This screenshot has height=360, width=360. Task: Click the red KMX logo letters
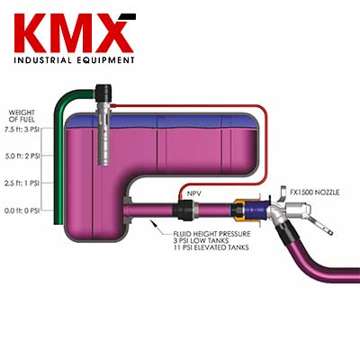(74, 33)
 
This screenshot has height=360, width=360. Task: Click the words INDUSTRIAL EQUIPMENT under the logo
(74, 60)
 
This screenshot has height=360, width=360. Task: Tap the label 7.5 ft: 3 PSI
(22, 130)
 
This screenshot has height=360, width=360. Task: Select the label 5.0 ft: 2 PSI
(22, 157)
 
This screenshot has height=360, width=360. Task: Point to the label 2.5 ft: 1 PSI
(22, 184)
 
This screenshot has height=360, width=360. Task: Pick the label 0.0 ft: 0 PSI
(22, 211)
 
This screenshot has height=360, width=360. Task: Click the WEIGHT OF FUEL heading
(22, 116)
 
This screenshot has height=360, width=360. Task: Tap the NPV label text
(194, 193)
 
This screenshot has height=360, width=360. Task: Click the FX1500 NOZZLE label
(315, 193)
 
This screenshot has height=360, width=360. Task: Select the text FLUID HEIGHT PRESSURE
(211, 234)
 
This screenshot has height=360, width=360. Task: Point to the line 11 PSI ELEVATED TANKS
(211, 247)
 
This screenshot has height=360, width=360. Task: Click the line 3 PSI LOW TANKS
(201, 240)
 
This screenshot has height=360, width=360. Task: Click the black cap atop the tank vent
(103, 93)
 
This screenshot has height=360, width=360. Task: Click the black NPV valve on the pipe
(184, 210)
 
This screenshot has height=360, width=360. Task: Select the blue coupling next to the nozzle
(256, 209)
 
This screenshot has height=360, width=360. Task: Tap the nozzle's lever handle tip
(330, 232)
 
